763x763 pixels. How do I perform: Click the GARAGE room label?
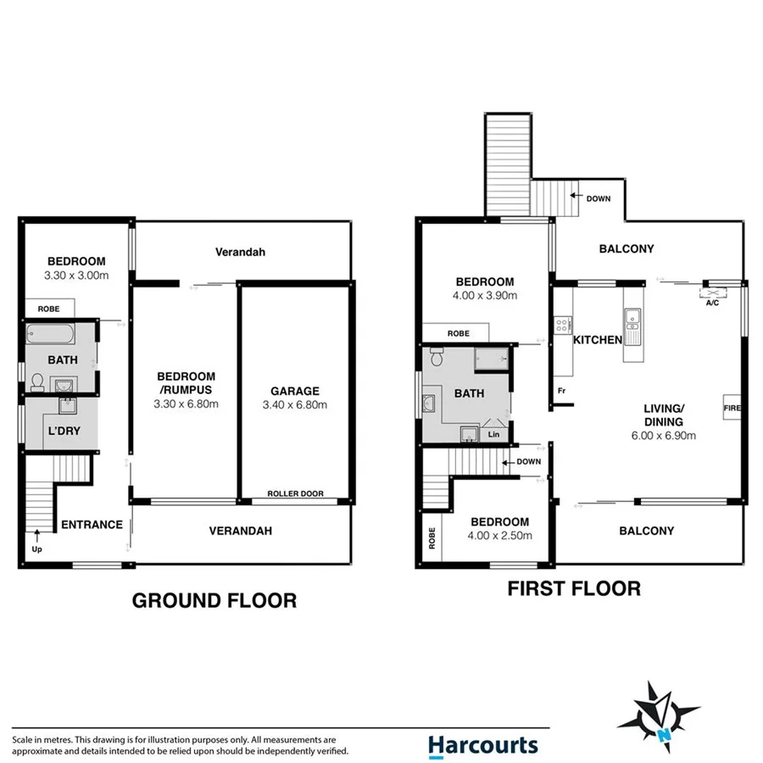pyautogui.click(x=294, y=391)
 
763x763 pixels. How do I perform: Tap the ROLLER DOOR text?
pyautogui.click(x=295, y=493)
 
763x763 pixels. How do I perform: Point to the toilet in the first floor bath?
pyautogui.click(x=437, y=355)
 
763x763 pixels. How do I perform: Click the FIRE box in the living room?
pyautogui.click(x=732, y=409)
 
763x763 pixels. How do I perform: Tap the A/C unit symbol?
pyautogui.click(x=710, y=294)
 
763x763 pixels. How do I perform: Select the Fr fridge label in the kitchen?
pyautogui.click(x=561, y=391)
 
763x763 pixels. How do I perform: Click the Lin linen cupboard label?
pyautogui.click(x=494, y=434)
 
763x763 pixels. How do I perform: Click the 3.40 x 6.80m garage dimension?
pyautogui.click(x=294, y=404)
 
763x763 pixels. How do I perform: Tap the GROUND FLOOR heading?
pyautogui.click(x=214, y=601)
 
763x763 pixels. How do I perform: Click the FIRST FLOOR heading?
pyautogui.click(x=574, y=588)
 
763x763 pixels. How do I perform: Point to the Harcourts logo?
pyautogui.click(x=482, y=744)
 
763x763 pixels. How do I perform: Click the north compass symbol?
pyautogui.click(x=659, y=716)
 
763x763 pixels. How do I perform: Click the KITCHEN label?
pyautogui.click(x=598, y=340)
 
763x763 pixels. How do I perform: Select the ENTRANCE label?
pyautogui.click(x=92, y=525)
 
